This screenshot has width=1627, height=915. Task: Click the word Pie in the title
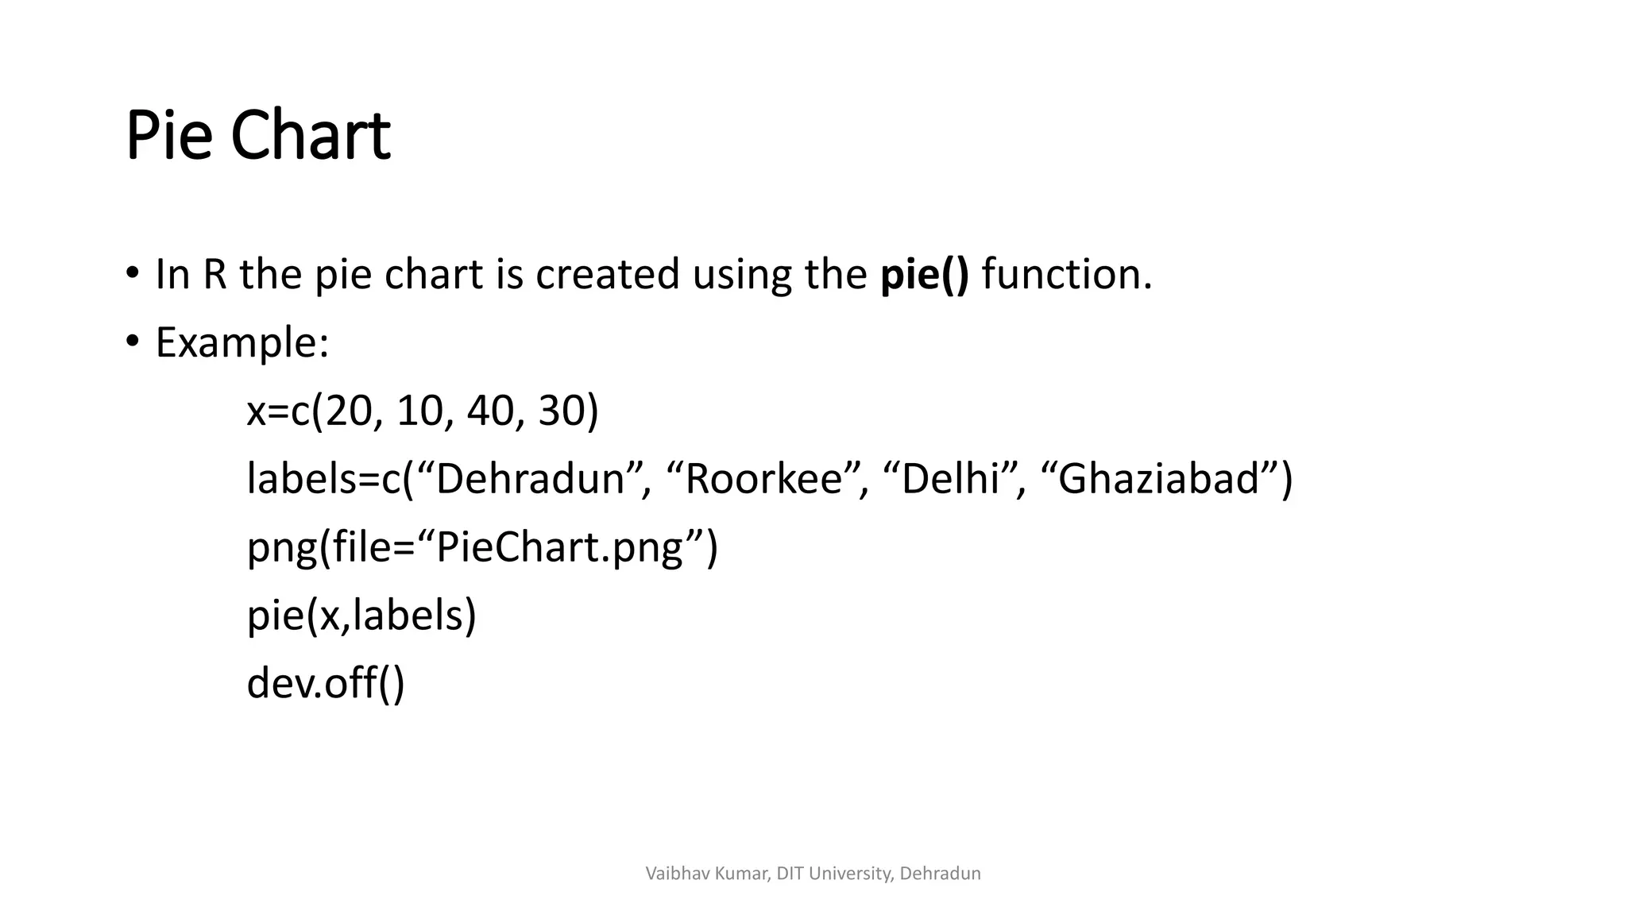point(169,136)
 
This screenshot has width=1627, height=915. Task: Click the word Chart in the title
point(310,136)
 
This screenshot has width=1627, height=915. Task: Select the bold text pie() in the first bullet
point(925,274)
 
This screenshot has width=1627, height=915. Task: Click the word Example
point(242,343)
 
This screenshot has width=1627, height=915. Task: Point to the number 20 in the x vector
point(348,411)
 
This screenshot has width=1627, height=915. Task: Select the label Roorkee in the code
point(763,480)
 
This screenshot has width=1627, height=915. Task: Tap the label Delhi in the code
point(950,480)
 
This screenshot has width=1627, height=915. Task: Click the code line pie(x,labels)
point(361,616)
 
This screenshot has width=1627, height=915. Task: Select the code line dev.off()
point(326,684)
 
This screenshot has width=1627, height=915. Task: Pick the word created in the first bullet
point(607,274)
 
